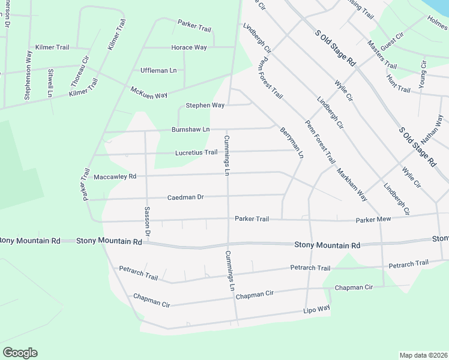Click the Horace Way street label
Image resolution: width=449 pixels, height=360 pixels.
coord(189,47)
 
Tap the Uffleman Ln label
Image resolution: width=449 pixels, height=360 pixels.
coord(158,71)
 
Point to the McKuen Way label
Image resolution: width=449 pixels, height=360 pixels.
coord(149,93)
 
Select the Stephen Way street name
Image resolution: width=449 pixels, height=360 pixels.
coord(205,106)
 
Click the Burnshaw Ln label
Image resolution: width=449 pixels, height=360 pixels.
coord(190,130)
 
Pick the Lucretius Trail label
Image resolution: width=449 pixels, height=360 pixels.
coord(196,152)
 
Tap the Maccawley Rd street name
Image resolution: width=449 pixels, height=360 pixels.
coord(115,177)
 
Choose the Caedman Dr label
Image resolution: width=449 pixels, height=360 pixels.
coord(185,197)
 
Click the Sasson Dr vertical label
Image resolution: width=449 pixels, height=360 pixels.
coord(146,220)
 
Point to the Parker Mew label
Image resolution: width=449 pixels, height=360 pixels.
coord(373,220)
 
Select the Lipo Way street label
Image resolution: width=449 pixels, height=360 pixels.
coord(316,309)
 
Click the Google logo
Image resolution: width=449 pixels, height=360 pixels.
coord(20,353)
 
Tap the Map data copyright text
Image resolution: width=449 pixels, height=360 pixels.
coord(423,355)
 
